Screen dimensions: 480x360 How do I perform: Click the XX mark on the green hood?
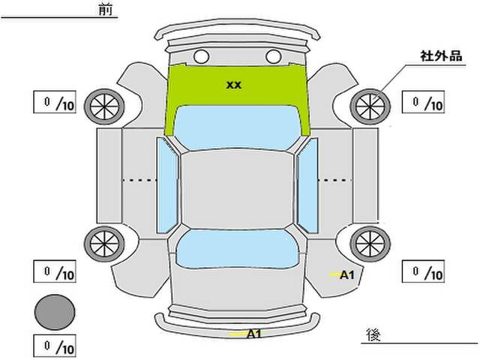(234, 85)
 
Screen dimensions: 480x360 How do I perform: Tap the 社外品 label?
(441, 56)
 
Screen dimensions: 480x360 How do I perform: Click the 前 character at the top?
(106, 10)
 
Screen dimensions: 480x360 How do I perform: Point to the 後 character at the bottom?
(373, 335)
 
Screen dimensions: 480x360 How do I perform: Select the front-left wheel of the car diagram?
(104, 106)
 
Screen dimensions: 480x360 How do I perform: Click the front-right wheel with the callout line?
(370, 106)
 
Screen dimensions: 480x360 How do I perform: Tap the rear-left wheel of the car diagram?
(104, 244)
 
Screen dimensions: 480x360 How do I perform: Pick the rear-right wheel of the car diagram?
(370, 244)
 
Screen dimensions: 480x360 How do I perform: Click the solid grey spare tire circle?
(55, 312)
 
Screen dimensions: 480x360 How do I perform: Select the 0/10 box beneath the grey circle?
(55, 346)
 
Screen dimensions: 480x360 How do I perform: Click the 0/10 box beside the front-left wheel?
(55, 102)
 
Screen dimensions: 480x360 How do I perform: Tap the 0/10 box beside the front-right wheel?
(423, 102)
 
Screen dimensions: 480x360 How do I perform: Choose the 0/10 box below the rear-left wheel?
(55, 271)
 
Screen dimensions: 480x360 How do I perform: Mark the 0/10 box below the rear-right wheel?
(423, 271)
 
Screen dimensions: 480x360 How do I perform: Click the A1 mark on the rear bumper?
(253, 334)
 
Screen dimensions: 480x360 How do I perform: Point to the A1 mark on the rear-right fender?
(346, 275)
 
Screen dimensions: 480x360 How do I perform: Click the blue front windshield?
(236, 127)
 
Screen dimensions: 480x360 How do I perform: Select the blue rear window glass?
(237, 249)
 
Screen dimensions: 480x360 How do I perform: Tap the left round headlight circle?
(202, 57)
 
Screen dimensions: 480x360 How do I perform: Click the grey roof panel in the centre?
(237, 190)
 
